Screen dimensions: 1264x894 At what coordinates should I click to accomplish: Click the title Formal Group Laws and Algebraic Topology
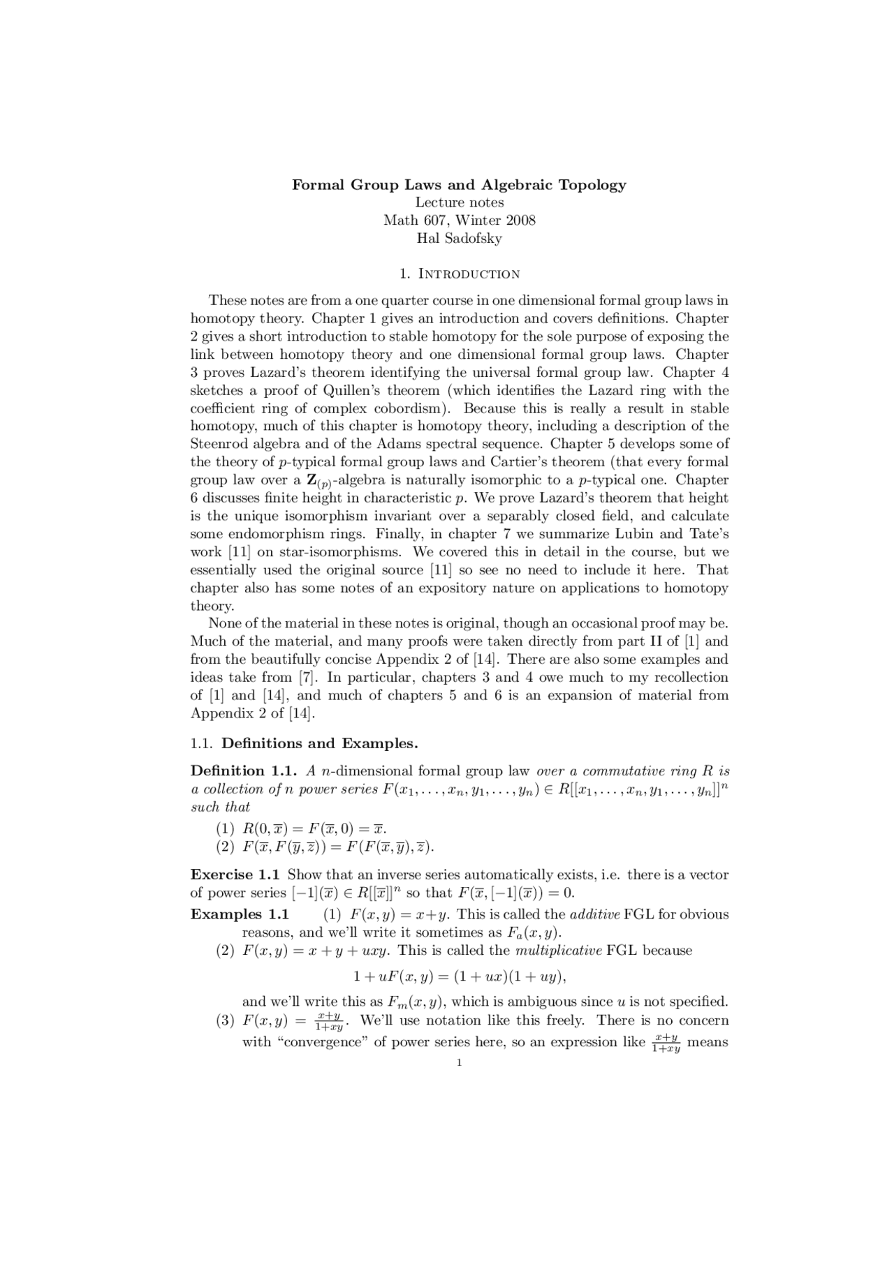(x=459, y=185)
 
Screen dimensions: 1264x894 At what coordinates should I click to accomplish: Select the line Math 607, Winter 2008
(x=459, y=221)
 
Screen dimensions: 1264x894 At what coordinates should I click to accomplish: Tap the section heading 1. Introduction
(x=459, y=274)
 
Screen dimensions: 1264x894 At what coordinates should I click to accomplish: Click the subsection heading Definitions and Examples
(x=319, y=743)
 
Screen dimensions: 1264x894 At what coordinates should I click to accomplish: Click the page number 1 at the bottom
(x=459, y=1063)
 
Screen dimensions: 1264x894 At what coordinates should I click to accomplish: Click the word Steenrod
(x=219, y=444)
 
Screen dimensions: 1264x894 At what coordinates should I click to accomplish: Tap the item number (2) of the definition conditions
(x=225, y=847)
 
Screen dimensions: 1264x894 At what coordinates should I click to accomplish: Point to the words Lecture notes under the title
(x=459, y=202)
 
